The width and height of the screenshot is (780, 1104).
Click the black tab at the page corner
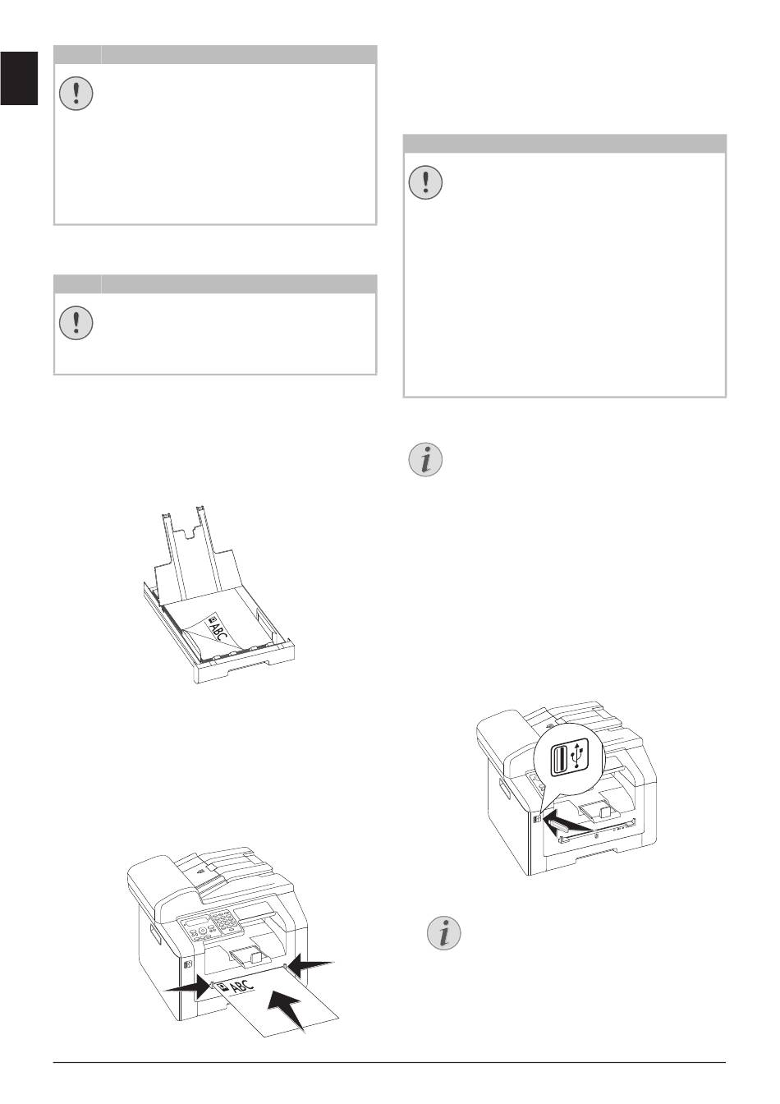click(19, 78)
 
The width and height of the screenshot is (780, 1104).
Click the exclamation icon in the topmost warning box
click(76, 93)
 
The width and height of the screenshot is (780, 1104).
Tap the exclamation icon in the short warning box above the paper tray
click(76, 322)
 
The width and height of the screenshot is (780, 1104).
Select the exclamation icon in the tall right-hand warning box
click(426, 182)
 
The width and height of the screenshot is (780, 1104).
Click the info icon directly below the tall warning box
click(426, 459)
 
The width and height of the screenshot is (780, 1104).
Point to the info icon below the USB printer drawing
click(443, 933)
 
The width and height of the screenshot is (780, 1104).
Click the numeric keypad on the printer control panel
click(223, 920)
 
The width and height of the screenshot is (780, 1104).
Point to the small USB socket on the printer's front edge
click(538, 819)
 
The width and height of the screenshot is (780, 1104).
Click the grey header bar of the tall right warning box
click(565, 144)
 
